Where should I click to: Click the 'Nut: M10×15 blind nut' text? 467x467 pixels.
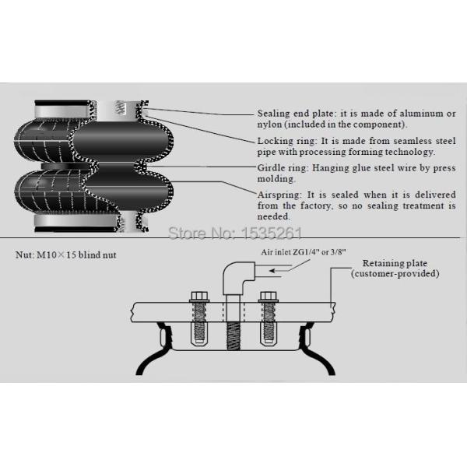(65, 255)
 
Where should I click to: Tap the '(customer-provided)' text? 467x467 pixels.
(395, 275)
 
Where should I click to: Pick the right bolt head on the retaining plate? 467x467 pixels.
(269, 296)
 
